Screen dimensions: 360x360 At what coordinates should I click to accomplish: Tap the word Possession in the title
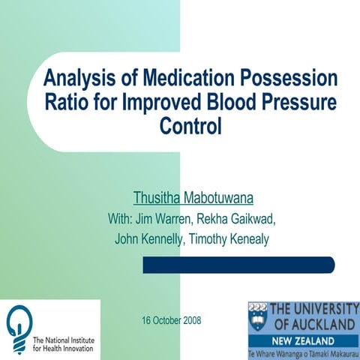coord(285,79)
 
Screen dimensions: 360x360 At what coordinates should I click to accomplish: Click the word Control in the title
coord(191,125)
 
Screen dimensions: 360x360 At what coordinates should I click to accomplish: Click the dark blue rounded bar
coord(238,265)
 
